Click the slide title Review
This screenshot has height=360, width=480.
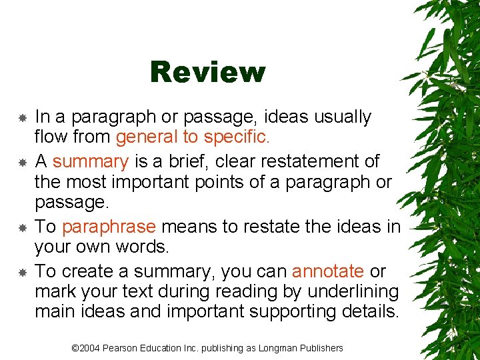point(207,72)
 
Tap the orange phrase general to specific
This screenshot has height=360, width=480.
point(191,138)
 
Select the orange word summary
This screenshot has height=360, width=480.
point(90,161)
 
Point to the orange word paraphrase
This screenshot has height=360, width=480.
point(109,227)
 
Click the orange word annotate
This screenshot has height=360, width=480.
point(328,271)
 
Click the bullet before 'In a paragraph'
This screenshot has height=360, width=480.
point(22,117)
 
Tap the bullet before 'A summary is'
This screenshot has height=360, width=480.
point(22,162)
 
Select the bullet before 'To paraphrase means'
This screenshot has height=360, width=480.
point(22,227)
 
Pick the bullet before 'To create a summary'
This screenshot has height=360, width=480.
point(22,272)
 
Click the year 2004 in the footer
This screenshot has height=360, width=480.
point(91,348)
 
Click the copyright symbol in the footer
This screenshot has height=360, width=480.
point(75,348)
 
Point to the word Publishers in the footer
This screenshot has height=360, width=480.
point(321,348)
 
